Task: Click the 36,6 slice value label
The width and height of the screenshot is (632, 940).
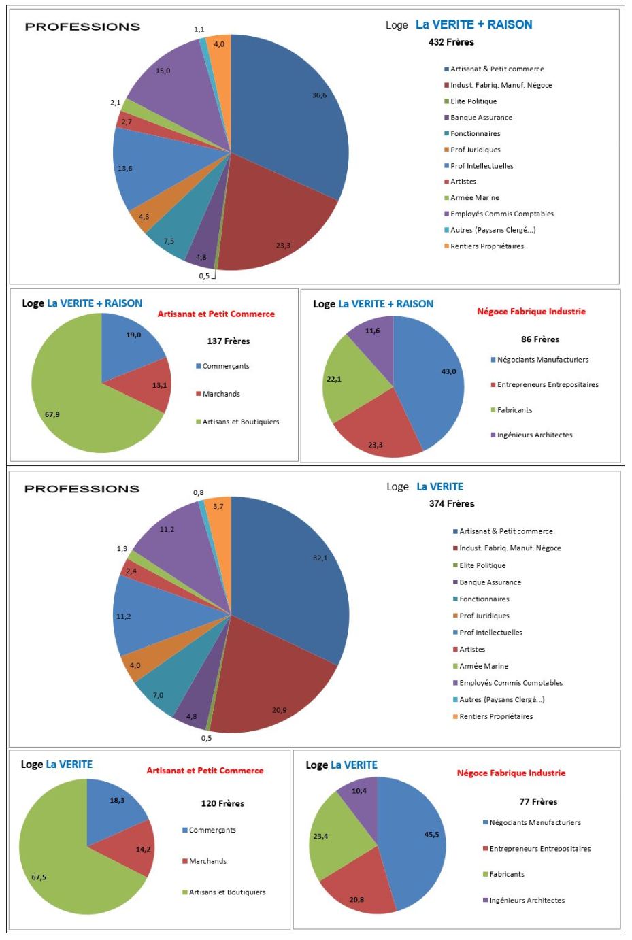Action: coord(319,95)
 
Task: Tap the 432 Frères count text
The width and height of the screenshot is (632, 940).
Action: coord(451,42)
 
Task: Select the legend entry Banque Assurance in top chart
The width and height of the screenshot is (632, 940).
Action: coord(480,118)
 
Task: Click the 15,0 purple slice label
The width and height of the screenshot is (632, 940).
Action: coord(163,71)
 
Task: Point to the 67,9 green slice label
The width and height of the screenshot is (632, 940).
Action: coord(52,414)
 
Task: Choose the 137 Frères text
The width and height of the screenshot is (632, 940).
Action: coord(228,341)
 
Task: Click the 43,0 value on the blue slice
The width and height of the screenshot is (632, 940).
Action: coord(448,371)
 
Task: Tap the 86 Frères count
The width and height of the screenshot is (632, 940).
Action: coord(540,339)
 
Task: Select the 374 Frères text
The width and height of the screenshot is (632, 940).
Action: coord(452,504)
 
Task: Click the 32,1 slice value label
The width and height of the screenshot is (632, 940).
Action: coord(320,558)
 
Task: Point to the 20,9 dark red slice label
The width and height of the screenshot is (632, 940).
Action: coord(279,710)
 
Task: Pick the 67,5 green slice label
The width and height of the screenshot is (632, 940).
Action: coord(39,877)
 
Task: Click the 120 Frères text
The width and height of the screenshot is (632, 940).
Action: coord(222,803)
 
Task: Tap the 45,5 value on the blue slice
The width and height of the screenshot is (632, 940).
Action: coord(431,834)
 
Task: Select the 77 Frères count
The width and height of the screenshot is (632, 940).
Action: coord(538,802)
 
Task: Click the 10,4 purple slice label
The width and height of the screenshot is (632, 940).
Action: coord(359,791)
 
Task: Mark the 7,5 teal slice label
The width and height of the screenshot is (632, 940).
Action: coord(169,241)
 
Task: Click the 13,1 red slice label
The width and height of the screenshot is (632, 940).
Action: coord(159,385)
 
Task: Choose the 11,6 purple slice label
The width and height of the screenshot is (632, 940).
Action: coord(372,331)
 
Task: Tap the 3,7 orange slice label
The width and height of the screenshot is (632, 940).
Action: coord(218,506)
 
